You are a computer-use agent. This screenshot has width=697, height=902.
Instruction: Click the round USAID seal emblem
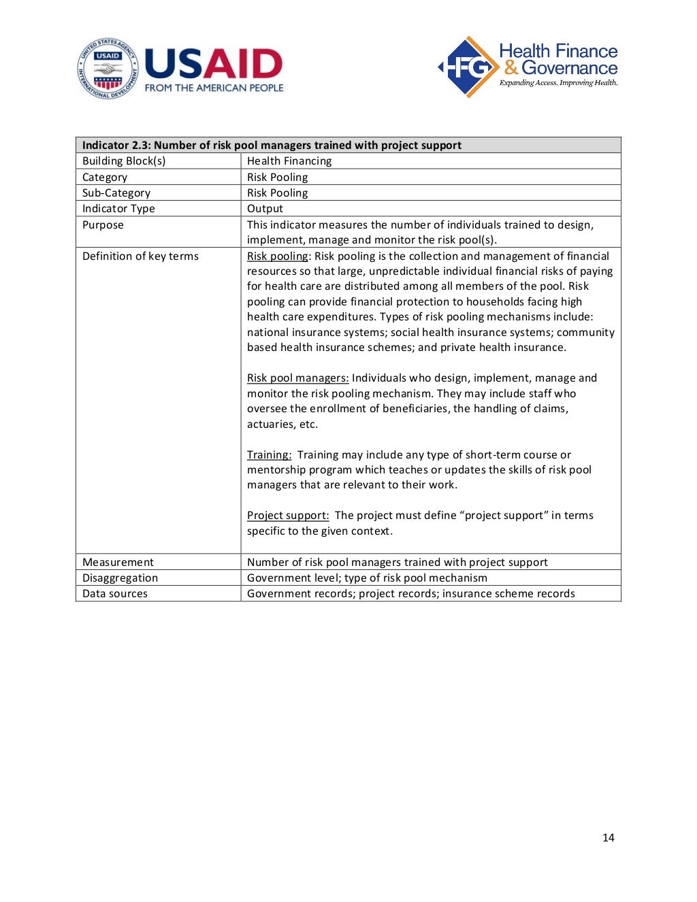(x=107, y=68)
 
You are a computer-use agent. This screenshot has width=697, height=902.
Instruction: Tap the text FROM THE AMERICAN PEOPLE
(x=214, y=88)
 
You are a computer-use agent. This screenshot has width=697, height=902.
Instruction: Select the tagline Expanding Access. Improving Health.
(x=558, y=83)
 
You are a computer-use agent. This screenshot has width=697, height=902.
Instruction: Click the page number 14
(x=608, y=837)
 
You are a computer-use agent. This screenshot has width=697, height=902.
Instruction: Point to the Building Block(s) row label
(x=124, y=161)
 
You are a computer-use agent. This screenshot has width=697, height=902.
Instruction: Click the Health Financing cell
(x=289, y=161)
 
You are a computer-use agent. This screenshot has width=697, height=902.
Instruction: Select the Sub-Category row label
(x=116, y=193)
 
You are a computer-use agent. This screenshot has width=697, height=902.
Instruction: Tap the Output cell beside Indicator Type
(x=265, y=209)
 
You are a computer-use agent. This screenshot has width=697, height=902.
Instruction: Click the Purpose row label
(x=103, y=225)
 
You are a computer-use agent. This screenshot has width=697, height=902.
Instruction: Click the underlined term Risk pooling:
(x=278, y=256)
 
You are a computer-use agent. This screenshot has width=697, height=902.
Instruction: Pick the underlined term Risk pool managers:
(x=297, y=378)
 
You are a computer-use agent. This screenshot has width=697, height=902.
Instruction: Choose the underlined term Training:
(x=269, y=455)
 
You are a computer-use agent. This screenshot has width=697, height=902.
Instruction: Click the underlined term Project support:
(x=288, y=516)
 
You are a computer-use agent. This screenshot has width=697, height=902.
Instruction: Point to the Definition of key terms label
(x=140, y=256)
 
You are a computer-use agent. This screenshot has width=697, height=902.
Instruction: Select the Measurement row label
(x=118, y=563)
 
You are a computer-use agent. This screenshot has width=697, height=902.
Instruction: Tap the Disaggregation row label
(x=120, y=578)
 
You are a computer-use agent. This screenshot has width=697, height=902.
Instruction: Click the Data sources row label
(x=115, y=594)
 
